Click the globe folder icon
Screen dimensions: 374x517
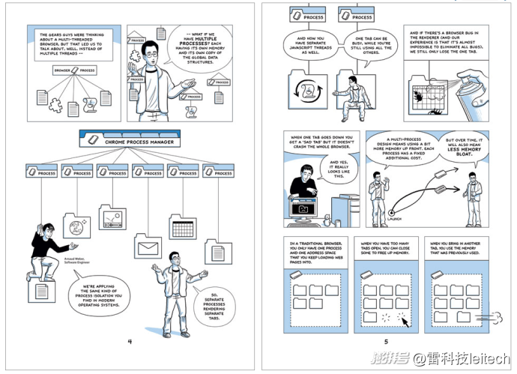[x=76, y=224]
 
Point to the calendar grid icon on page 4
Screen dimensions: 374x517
[x=182, y=226]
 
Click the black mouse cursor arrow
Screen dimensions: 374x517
[x=405, y=322]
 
